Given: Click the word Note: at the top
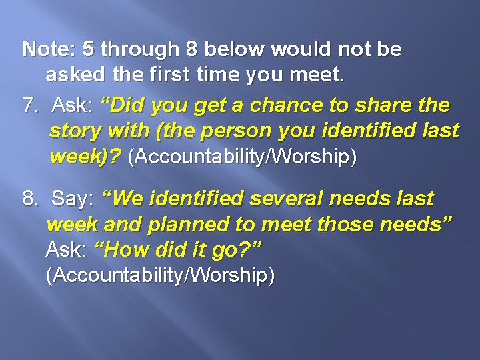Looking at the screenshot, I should coord(49,49).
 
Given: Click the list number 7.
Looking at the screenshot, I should coord(31,105).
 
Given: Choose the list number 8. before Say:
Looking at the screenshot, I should coord(31,198).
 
